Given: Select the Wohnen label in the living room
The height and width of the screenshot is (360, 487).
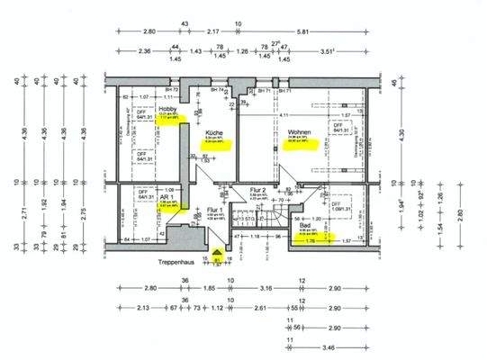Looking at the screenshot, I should [299, 132].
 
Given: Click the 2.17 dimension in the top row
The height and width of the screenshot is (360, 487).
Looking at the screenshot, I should [186, 31].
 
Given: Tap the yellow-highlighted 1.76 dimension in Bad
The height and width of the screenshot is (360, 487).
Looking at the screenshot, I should [311, 241].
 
